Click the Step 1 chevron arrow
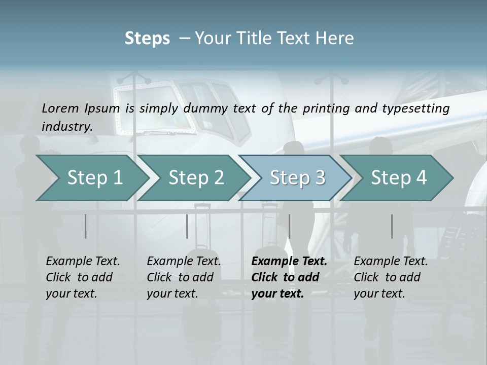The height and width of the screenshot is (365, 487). [x=94, y=178]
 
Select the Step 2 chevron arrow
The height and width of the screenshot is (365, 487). [x=196, y=178]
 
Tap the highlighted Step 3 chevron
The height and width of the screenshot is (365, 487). [x=297, y=178]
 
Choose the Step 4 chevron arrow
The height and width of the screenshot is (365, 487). [x=399, y=178]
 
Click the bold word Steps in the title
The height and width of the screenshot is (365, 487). [x=147, y=39]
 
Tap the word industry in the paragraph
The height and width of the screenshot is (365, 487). [x=66, y=126]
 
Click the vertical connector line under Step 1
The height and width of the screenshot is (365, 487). [x=86, y=226]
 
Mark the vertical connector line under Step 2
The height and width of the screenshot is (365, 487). [x=187, y=226]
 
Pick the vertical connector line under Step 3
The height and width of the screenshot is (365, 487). [x=289, y=226]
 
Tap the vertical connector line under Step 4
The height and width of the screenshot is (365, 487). [x=392, y=226]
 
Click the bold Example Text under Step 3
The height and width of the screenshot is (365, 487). [x=289, y=262]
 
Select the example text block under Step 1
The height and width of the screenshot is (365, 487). [x=83, y=277]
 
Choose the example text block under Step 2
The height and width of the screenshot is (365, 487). [x=184, y=277]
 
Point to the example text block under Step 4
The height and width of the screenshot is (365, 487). [x=391, y=277]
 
